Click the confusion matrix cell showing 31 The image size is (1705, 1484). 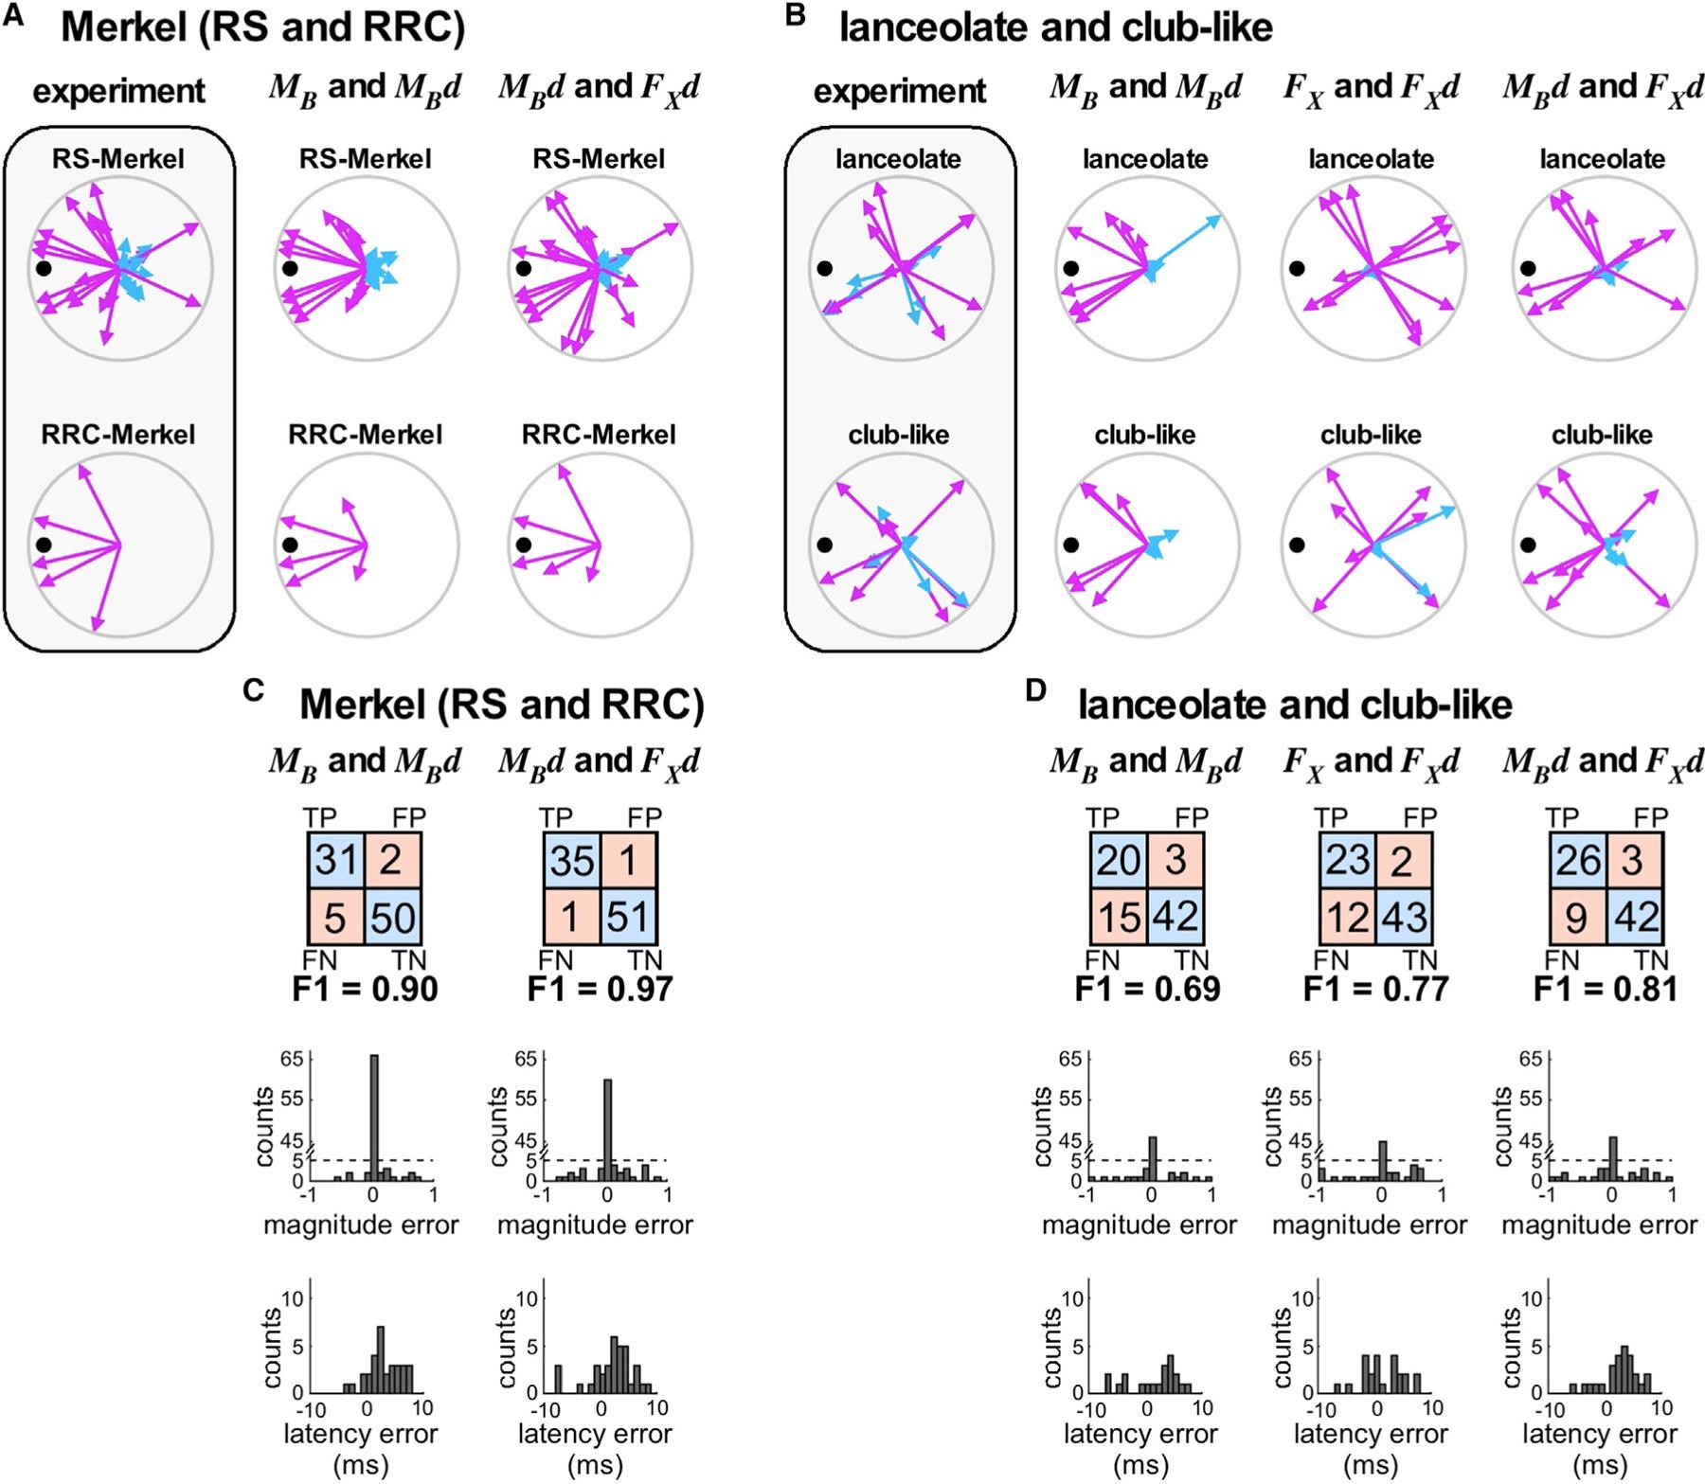[335, 861]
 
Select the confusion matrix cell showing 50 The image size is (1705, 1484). [392, 917]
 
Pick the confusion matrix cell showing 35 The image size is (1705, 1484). [570, 861]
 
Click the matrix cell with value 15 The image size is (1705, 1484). [1118, 917]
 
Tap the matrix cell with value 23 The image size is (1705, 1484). [1348, 861]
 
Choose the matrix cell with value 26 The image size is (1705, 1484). [1578, 861]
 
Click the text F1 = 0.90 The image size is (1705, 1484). [365, 989]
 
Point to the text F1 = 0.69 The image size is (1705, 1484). [1147, 989]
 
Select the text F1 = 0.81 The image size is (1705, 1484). [1606, 989]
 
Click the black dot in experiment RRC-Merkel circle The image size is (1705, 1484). [43, 545]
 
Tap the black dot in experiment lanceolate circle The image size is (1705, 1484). [824, 269]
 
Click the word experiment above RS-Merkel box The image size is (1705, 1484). [118, 92]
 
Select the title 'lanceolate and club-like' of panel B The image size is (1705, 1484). [1056, 28]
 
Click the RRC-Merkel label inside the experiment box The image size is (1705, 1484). [118, 435]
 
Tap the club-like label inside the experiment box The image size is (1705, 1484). [899, 435]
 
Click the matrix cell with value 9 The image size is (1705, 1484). [1578, 917]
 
